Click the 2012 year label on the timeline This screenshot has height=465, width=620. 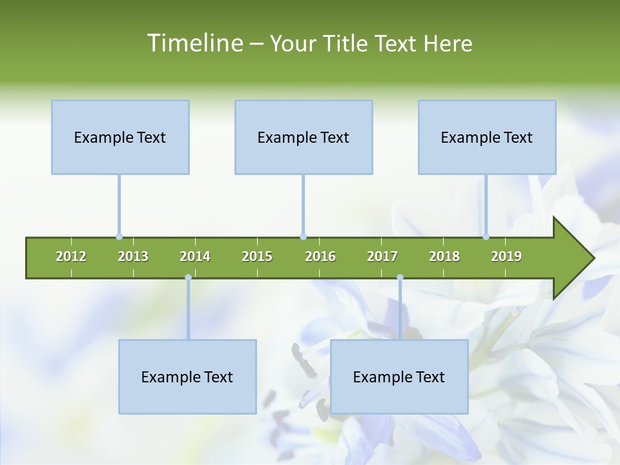[71, 256]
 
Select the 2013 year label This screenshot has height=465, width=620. [133, 256]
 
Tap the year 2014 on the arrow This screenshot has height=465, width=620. [195, 256]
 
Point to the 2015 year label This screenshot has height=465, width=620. [257, 256]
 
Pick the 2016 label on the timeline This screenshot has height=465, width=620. [320, 256]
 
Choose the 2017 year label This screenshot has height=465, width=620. [382, 256]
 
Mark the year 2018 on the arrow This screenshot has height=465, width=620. [444, 256]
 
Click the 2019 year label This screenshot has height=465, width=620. [506, 256]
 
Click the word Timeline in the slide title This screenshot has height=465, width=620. [194, 43]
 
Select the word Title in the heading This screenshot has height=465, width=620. [346, 43]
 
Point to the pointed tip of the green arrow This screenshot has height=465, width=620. [592, 258]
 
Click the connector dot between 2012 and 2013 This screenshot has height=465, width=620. [119, 237]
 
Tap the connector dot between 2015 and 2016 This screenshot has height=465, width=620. [303, 237]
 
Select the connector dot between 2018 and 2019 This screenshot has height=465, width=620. [486, 237]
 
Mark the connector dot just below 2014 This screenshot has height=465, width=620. [188, 278]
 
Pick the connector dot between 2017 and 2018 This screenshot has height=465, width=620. [400, 278]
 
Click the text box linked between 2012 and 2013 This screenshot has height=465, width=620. [120, 137]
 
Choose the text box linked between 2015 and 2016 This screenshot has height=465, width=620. [304, 137]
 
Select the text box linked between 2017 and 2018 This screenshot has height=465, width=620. [399, 377]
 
